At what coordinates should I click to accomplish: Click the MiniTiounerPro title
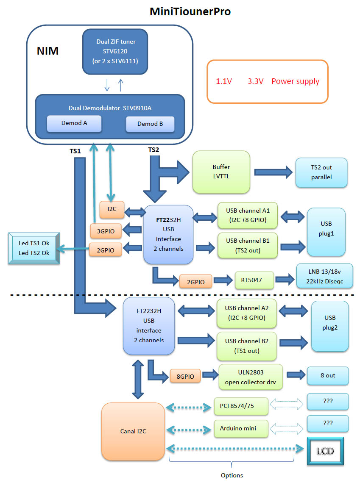pyautogui.click(x=190, y=11)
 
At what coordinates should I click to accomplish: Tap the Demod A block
pyautogui.click(x=74, y=123)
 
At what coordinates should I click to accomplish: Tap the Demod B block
pyautogui.click(x=150, y=124)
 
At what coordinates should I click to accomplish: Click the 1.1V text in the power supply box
pyautogui.click(x=224, y=81)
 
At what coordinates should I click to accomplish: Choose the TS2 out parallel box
pyautogui.click(x=321, y=172)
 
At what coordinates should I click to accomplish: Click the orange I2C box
pyautogui.click(x=112, y=210)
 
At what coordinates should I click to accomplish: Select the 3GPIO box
pyautogui.click(x=106, y=231)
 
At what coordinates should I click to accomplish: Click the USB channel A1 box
pyautogui.click(x=248, y=215)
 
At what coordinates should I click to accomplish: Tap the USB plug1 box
pyautogui.click(x=327, y=232)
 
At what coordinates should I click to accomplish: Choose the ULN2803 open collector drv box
pyautogui.click(x=250, y=377)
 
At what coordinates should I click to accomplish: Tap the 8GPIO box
pyautogui.click(x=185, y=376)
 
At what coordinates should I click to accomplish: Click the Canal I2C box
pyautogui.click(x=133, y=431)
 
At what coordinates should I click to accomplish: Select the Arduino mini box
pyautogui.click(x=241, y=428)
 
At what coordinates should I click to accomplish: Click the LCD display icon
pyautogui.click(x=325, y=451)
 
